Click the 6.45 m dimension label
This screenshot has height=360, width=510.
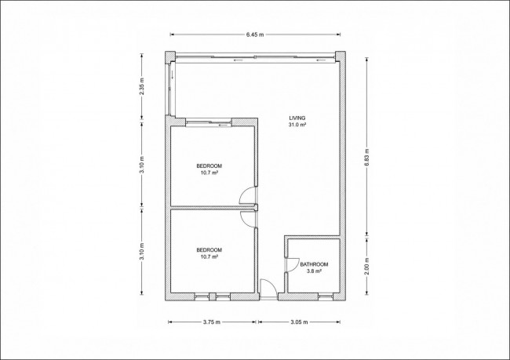(255, 35)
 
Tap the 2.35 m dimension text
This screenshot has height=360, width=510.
(141, 87)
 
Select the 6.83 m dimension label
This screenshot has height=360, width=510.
(367, 158)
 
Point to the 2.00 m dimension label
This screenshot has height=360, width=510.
(367, 267)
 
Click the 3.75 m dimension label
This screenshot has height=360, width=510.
(212, 322)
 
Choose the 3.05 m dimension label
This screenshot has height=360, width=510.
(299, 322)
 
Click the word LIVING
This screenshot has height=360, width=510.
(297, 118)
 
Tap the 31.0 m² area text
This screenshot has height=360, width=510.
(297, 125)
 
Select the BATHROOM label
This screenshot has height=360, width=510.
(314, 264)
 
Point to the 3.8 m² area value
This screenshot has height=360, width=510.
(314, 271)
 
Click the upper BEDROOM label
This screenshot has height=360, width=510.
(209, 165)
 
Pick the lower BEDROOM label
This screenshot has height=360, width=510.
(209, 250)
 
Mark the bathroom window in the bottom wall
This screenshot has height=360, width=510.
(326, 296)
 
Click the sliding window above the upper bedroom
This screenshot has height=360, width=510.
(209, 123)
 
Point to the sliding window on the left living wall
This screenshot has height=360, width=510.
(169, 89)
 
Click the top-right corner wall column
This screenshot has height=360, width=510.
(341, 56)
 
